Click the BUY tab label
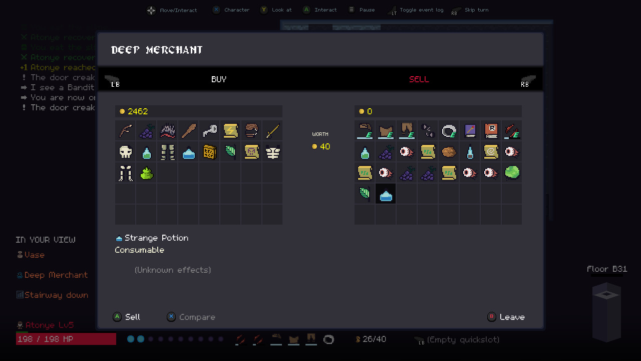219,79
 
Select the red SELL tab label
419,79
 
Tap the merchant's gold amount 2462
137,111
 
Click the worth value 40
325,146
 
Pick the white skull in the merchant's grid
126,152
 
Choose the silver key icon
209,131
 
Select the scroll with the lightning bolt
230,131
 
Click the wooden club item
188,131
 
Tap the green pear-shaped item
146,173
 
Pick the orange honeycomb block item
209,152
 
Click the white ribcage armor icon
272,152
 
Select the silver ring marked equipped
448,131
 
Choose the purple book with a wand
470,131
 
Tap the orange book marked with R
491,131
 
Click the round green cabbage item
512,172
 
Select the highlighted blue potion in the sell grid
386,194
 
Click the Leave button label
512,317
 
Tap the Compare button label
197,317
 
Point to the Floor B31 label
606,269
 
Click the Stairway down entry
56,295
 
